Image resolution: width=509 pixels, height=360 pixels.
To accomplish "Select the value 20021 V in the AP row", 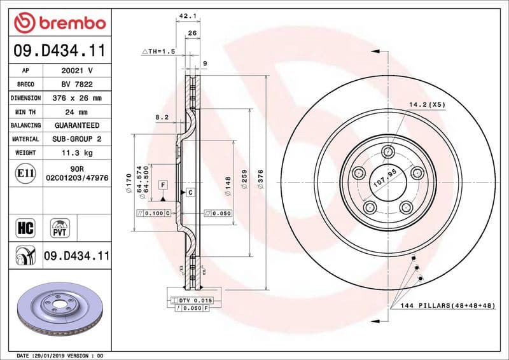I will coord(77,71).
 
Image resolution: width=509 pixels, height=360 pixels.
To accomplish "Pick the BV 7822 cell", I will coord(77,85).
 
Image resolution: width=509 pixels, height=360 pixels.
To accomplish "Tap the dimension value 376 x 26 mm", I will coord(77,99).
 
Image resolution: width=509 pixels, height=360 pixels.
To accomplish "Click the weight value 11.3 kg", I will coord(77,153).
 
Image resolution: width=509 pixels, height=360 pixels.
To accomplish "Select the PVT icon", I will coord(61,227).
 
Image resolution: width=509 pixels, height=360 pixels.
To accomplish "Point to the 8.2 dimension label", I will coord(162,117).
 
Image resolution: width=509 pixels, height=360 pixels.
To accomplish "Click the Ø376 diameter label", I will coord(260,182).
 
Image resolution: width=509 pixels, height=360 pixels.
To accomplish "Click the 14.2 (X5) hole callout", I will coord(426,104).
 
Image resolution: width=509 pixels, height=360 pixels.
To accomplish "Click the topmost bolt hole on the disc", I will coord(387,151).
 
